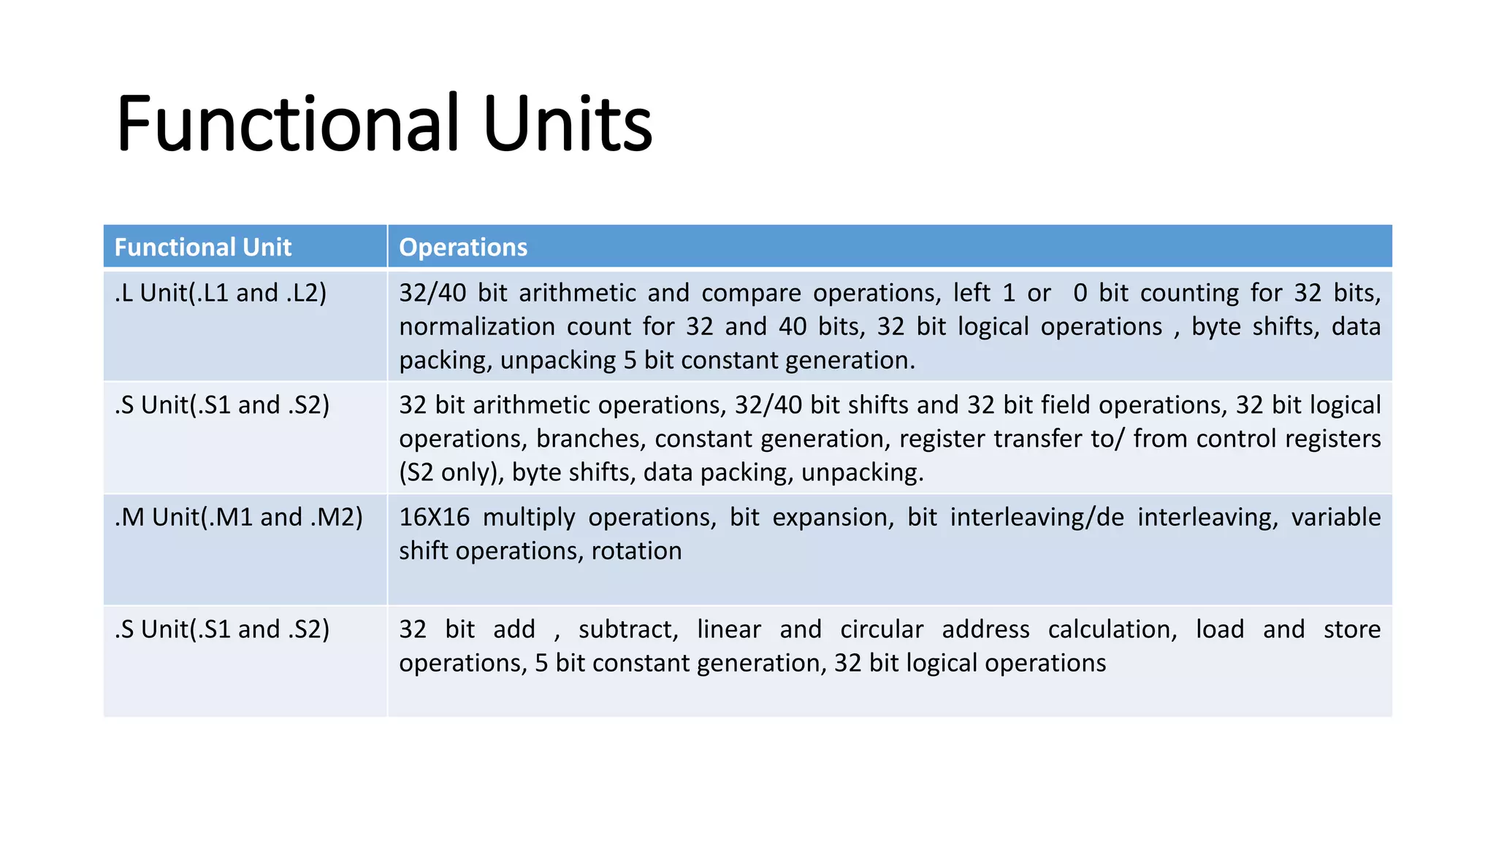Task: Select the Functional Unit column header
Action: click(x=202, y=247)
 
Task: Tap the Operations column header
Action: click(x=463, y=247)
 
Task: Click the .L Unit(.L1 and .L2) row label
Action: click(x=220, y=293)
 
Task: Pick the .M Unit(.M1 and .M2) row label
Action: click(x=238, y=517)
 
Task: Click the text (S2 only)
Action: click(x=451, y=472)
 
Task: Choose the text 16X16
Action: click(x=434, y=517)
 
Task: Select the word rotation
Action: click(x=636, y=550)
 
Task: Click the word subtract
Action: click(x=627, y=629)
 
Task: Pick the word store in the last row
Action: click(x=1351, y=629)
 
